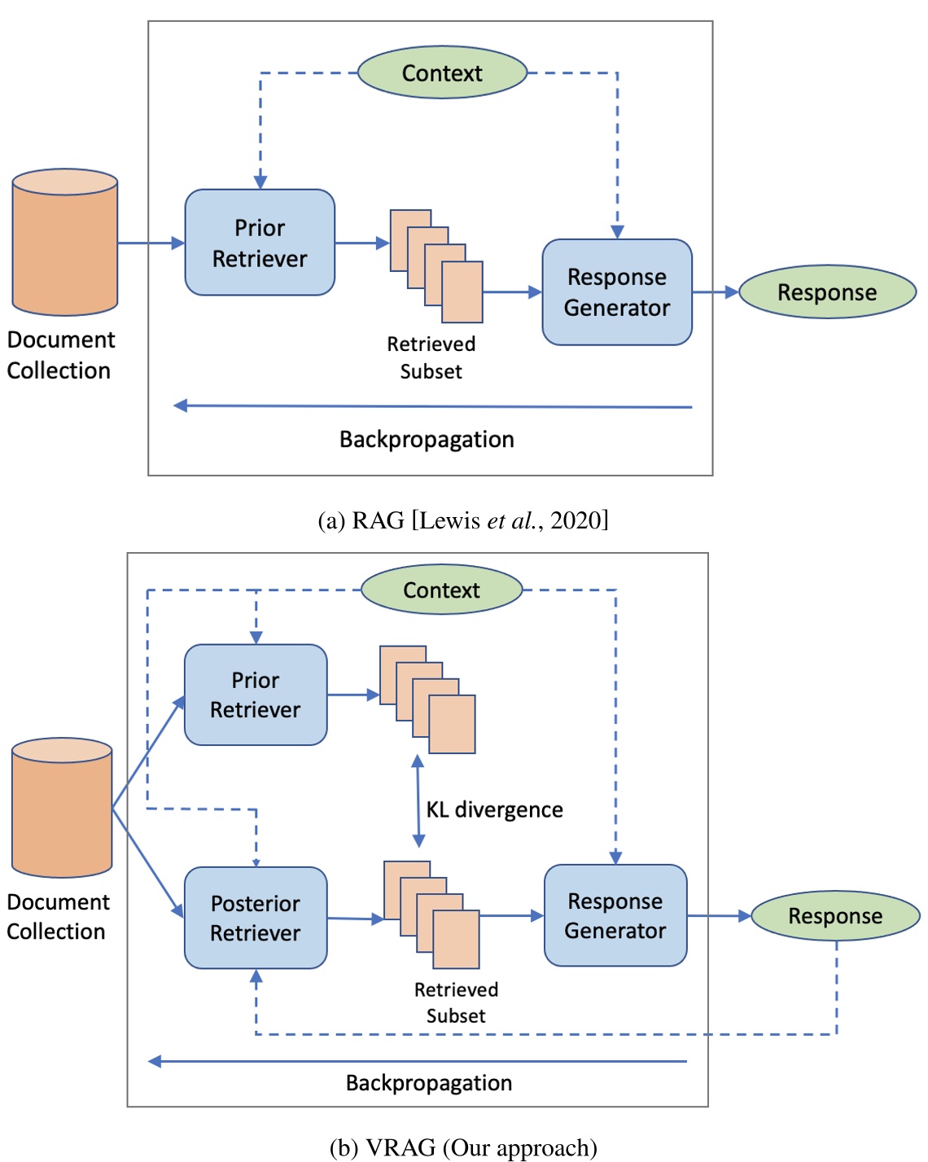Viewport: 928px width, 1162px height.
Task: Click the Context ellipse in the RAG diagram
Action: [x=442, y=73]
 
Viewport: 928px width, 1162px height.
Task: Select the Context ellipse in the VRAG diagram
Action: [x=441, y=590]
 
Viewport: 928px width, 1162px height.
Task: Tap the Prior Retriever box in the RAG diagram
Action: [x=260, y=243]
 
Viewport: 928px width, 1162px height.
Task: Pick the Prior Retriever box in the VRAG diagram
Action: [x=256, y=695]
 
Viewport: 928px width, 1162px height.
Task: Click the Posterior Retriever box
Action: [x=256, y=918]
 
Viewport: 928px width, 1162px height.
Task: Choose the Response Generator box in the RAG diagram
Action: [x=617, y=292]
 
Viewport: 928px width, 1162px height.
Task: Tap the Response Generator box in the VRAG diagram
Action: [x=615, y=915]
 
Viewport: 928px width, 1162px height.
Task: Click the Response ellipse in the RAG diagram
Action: [x=827, y=292]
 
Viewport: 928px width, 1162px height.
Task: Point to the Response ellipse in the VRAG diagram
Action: [x=835, y=916]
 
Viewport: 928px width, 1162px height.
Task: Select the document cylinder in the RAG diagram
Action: [x=65, y=243]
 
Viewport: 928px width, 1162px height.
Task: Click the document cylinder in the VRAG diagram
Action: [x=62, y=808]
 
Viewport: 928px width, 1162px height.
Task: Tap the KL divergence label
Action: [x=494, y=809]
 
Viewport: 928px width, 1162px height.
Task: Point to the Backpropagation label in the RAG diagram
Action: [x=427, y=440]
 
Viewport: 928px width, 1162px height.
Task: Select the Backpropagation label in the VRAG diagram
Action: [x=429, y=1083]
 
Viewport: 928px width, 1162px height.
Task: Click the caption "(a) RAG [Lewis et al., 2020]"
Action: [x=463, y=520]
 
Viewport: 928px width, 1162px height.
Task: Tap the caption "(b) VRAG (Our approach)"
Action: [x=463, y=1147]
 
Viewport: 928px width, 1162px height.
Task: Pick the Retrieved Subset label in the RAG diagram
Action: [x=431, y=357]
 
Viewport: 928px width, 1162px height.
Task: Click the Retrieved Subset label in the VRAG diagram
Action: [x=456, y=1002]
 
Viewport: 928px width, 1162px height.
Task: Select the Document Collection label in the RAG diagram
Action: [x=60, y=355]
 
